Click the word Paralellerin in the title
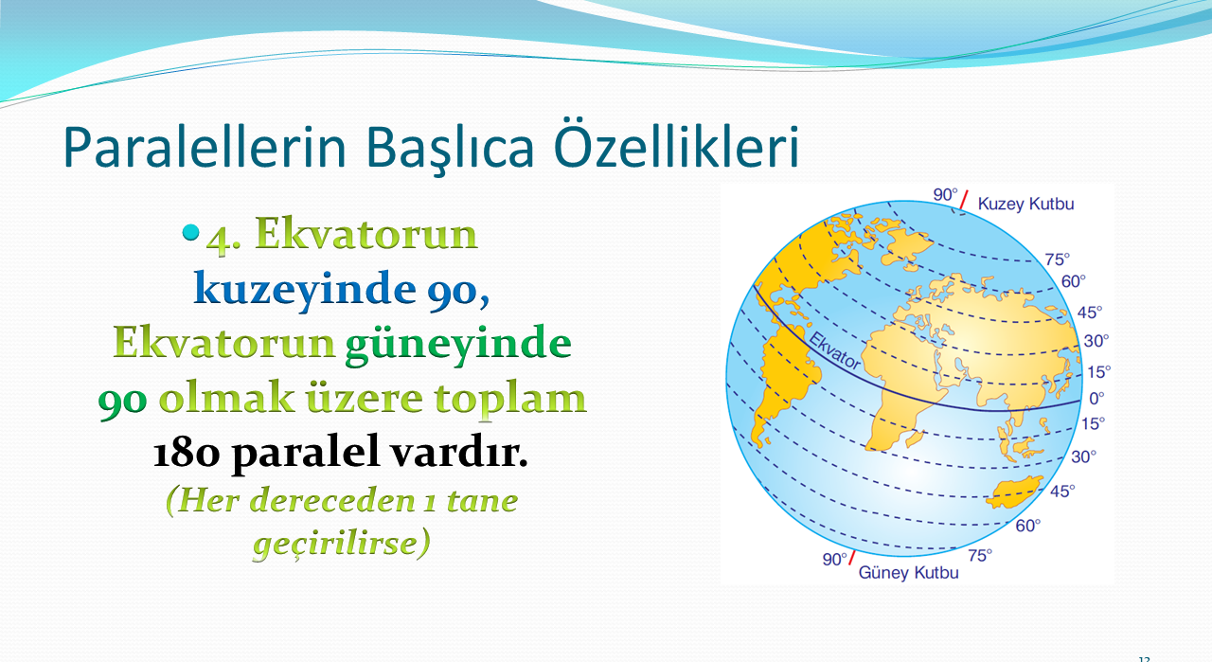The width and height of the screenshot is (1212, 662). (205, 147)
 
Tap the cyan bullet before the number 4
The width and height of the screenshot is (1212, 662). (190, 232)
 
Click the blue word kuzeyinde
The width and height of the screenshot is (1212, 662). (305, 291)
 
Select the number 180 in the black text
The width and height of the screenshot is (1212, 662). (187, 453)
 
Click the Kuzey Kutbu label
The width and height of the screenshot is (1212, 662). (1025, 204)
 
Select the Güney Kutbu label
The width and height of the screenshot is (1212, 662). (908, 573)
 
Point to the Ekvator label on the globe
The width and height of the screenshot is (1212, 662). (834, 351)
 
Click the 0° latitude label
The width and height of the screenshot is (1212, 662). (1096, 399)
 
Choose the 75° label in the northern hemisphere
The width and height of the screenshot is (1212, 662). (1058, 259)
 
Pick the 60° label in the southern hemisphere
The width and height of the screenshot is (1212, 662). (1028, 526)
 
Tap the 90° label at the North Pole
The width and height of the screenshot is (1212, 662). (945, 194)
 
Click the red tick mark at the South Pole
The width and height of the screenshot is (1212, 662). (852, 558)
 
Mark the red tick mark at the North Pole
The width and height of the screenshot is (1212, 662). (964, 200)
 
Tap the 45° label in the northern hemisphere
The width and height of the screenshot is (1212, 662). (1090, 313)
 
